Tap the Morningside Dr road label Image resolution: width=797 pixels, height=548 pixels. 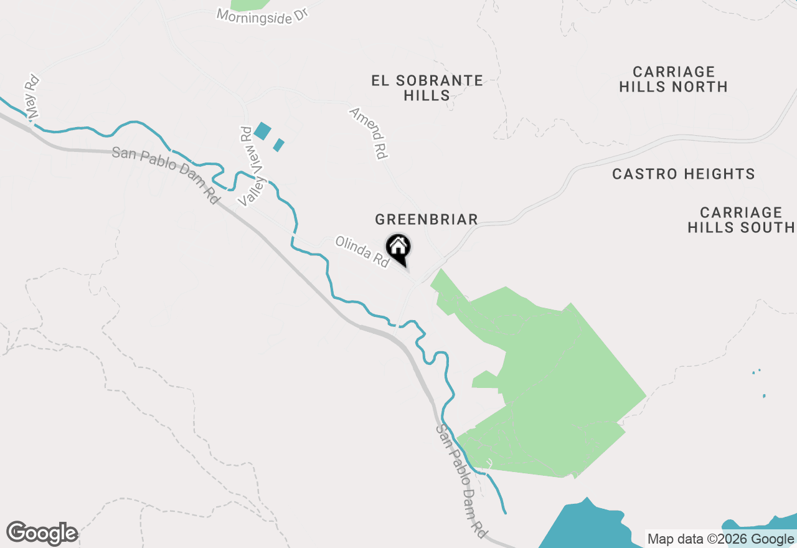click(x=263, y=15)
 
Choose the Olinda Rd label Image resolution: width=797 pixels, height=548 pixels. click(x=362, y=252)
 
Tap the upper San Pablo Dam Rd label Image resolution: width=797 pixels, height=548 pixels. click(x=166, y=176)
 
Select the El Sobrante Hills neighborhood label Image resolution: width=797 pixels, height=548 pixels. click(x=427, y=88)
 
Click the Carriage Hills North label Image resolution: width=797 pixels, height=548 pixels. click(x=674, y=80)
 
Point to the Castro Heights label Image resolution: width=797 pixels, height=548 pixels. click(x=684, y=174)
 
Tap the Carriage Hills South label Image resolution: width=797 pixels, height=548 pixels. click(x=741, y=220)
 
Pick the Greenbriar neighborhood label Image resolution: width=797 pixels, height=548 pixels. click(x=427, y=219)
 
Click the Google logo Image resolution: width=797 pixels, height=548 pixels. click(x=42, y=533)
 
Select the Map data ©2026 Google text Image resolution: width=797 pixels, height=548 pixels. click(x=720, y=539)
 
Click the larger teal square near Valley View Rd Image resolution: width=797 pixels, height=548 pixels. click(x=262, y=131)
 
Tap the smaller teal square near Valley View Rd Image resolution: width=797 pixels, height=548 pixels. click(x=279, y=145)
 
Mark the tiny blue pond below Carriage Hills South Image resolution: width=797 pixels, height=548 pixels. click(x=764, y=395)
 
